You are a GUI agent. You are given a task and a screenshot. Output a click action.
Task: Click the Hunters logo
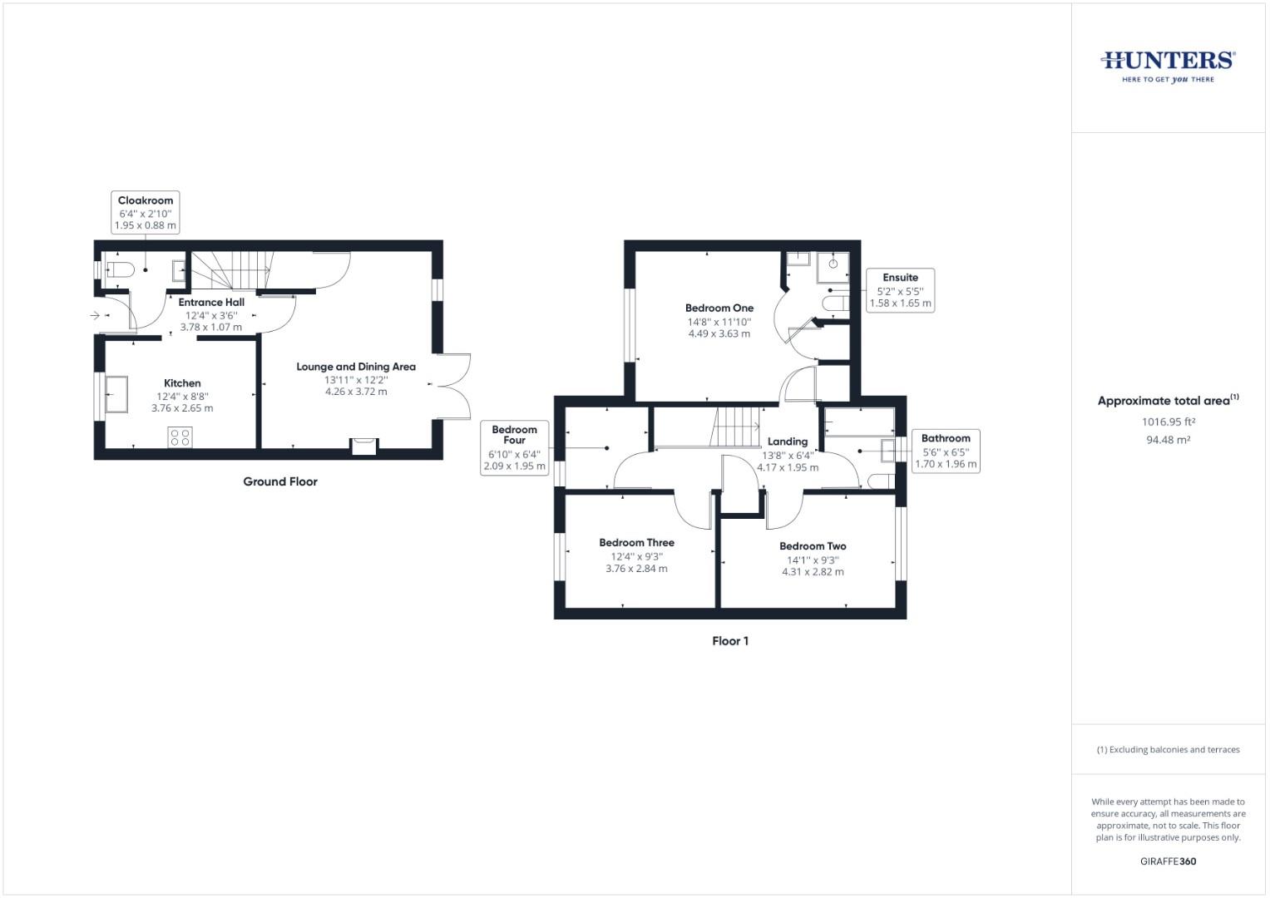[x=1168, y=66]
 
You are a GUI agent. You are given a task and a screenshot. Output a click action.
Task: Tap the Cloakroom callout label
[x=146, y=213]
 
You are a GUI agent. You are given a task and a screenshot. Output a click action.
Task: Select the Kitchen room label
[x=182, y=383]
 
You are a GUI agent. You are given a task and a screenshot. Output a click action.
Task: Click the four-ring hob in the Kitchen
[x=180, y=437]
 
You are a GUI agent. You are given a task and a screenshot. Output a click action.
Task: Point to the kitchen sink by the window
[x=116, y=395]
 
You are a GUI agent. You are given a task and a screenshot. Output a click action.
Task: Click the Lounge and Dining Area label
[x=356, y=367]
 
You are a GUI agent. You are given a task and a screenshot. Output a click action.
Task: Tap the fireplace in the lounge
[x=364, y=447]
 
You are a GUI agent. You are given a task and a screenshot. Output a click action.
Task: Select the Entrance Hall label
[x=211, y=303]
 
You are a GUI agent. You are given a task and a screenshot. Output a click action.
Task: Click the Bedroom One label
[x=719, y=308]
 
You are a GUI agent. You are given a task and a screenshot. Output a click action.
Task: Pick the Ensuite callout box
[x=901, y=290]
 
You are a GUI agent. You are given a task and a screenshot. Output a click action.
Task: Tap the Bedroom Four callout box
[x=514, y=447]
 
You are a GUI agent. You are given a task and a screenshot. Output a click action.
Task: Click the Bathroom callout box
[x=946, y=451]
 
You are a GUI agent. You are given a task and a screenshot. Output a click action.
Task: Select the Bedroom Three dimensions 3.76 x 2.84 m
[x=636, y=569]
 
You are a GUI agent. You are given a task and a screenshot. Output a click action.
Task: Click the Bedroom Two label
[x=813, y=546]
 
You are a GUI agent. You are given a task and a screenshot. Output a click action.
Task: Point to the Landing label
[x=788, y=442]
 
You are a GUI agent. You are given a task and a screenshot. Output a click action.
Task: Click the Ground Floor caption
[x=280, y=481]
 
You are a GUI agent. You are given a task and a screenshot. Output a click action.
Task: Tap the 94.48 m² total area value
[x=1168, y=440]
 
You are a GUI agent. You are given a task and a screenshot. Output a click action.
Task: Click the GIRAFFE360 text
[x=1168, y=861]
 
